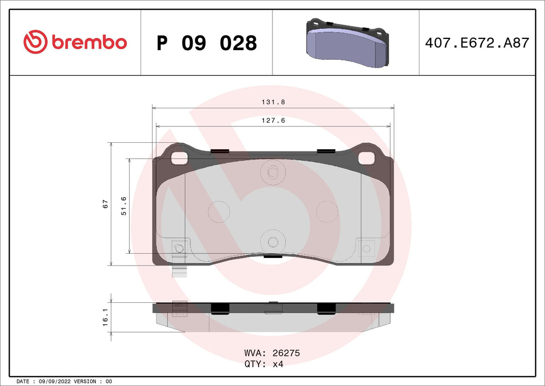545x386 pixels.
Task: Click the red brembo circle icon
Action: [x=36, y=42]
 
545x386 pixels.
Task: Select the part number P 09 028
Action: [x=207, y=43]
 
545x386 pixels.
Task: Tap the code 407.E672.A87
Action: [x=477, y=43]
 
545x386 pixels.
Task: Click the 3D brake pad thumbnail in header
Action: [x=346, y=43]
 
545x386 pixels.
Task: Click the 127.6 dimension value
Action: [x=272, y=120]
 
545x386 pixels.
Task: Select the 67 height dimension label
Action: [x=105, y=204]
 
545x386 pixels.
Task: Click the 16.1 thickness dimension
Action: [x=105, y=317]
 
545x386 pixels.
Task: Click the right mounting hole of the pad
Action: [x=366, y=158]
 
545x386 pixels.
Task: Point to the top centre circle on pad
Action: [x=273, y=172]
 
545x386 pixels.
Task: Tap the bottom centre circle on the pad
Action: [x=273, y=242]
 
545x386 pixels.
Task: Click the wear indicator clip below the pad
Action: [x=180, y=272]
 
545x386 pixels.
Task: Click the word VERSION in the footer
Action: [x=85, y=382]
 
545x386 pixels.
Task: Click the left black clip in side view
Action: [x=219, y=308]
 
